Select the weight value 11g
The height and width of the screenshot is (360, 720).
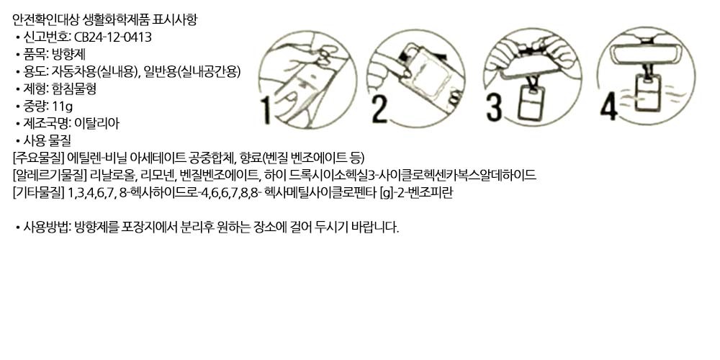(x=63, y=106)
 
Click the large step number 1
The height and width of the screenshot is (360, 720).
(x=266, y=110)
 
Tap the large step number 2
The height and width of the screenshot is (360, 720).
(x=379, y=109)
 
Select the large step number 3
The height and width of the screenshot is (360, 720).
(x=494, y=107)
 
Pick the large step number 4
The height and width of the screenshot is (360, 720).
(x=609, y=106)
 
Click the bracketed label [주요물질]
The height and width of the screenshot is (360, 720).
(x=39, y=158)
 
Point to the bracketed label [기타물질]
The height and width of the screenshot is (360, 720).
(x=39, y=192)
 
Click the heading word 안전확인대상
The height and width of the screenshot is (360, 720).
(x=46, y=19)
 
